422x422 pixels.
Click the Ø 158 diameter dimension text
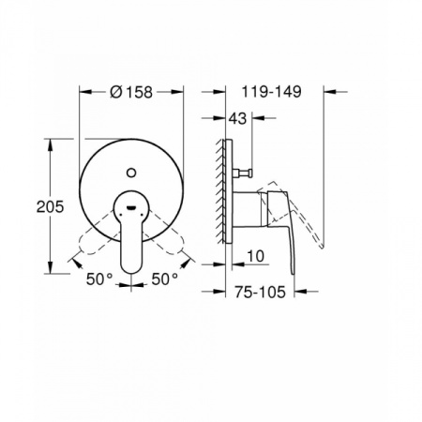131,92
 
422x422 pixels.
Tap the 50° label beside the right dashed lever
165,279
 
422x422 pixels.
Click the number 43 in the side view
239,118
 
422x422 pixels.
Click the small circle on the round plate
130,171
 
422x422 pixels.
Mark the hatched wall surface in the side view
223,188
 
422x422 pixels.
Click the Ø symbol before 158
115,92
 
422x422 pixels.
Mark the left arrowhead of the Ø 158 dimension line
83,92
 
